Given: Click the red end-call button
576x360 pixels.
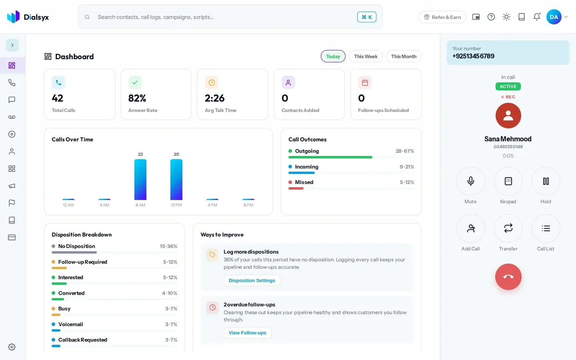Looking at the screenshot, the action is pyautogui.click(x=508, y=277).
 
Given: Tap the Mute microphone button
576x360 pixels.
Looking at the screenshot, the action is pyautogui.click(x=470, y=181).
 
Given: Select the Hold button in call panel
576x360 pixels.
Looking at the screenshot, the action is pyautogui.click(x=546, y=181).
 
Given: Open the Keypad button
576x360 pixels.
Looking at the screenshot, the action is pyautogui.click(x=508, y=181).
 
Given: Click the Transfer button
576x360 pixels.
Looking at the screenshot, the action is pyautogui.click(x=508, y=228).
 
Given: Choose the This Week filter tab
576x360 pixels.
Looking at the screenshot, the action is pyautogui.click(x=366, y=56).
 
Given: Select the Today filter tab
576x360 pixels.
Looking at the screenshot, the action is pyautogui.click(x=333, y=56).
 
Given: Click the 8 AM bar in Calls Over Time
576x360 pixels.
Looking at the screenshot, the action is pyautogui.click(x=140, y=180).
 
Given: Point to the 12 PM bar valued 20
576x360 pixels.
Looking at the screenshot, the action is pyautogui.click(x=176, y=180).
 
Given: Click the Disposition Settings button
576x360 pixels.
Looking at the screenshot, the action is pyautogui.click(x=252, y=280).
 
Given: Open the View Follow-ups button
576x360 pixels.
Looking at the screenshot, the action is pyautogui.click(x=247, y=333).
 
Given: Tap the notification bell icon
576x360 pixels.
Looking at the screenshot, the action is pyautogui.click(x=537, y=17).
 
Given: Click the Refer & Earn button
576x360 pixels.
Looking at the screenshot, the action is pyautogui.click(x=442, y=17).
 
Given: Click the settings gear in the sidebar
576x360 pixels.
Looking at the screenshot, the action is pyautogui.click(x=12, y=347).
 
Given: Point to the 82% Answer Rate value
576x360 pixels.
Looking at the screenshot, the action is pyautogui.click(x=137, y=98).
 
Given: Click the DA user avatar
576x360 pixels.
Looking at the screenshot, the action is pyautogui.click(x=554, y=17).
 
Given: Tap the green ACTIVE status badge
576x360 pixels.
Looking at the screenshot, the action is pyautogui.click(x=508, y=86).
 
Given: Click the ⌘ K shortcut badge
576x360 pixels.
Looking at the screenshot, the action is pyautogui.click(x=367, y=17).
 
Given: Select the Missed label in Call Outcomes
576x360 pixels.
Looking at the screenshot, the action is pyautogui.click(x=304, y=182).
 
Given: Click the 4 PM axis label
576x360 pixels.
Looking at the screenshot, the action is pyautogui.click(x=212, y=205).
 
